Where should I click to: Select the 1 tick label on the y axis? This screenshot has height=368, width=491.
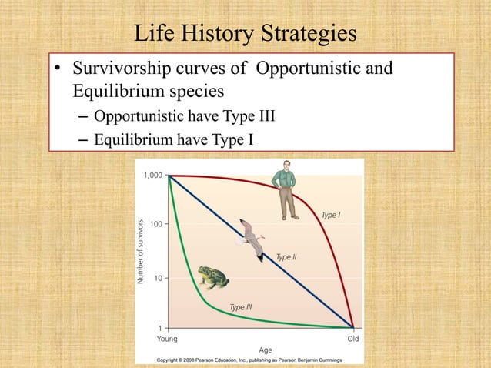point(159,327)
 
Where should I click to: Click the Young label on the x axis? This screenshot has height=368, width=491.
point(168,338)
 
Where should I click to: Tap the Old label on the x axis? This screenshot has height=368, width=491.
point(352,338)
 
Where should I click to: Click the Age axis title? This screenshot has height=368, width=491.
point(264,350)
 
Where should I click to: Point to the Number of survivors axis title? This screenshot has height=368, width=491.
point(141,252)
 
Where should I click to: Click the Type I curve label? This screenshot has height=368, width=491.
point(330,216)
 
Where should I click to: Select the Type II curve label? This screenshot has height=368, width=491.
point(286,257)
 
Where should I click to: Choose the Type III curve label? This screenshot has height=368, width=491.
point(241,308)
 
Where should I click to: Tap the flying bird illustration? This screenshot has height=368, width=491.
point(250,237)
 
